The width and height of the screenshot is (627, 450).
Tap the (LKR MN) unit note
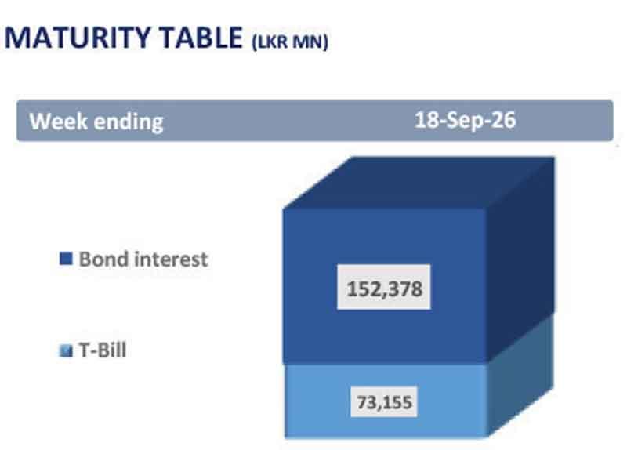click(290, 42)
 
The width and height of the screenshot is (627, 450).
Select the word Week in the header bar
click(58, 121)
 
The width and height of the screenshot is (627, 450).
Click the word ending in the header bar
click(129, 122)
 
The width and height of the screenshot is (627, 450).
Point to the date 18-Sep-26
click(465, 120)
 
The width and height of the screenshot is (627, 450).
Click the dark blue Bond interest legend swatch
click(66, 259)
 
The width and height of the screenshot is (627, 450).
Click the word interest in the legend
click(171, 259)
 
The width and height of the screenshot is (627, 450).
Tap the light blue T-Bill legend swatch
click(66, 350)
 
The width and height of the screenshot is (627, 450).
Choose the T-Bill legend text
click(103, 350)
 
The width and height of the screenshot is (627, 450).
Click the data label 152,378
click(384, 289)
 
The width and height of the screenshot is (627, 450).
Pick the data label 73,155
click(384, 402)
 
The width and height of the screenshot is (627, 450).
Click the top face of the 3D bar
click(419, 183)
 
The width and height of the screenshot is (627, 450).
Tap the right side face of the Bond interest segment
click(520, 260)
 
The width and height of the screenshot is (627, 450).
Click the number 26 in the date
click(504, 120)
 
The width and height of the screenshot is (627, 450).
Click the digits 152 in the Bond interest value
click(363, 289)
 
